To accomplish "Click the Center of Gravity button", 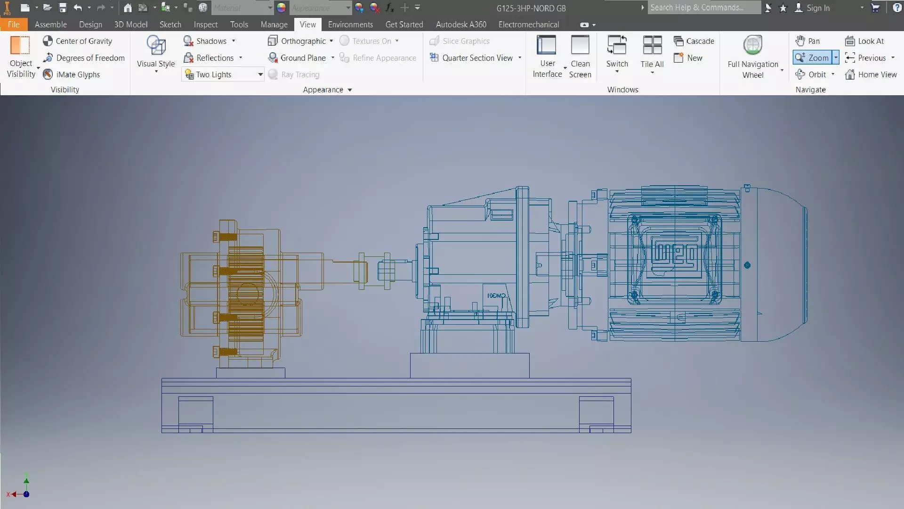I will click(x=78, y=41).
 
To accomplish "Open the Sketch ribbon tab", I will click(x=170, y=25).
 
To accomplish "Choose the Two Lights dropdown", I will click(x=222, y=74).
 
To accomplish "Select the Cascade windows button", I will click(x=694, y=41).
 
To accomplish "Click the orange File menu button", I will click(x=14, y=25).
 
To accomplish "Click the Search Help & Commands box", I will click(x=702, y=8).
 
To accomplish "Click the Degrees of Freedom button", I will click(x=84, y=58).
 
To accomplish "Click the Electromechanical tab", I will click(x=528, y=25).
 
